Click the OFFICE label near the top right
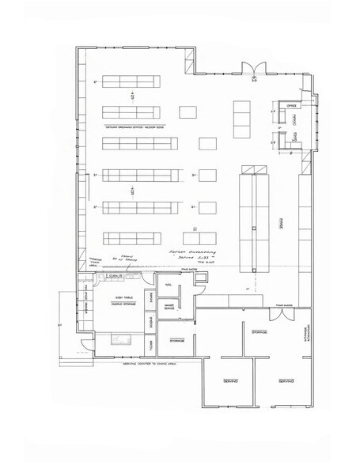pyautogui.click(x=290, y=104)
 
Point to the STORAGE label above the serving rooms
pyautogui.click(x=257, y=333)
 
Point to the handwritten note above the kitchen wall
pyautogui.click(x=188, y=251)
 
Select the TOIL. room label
pyautogui.click(x=169, y=287)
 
